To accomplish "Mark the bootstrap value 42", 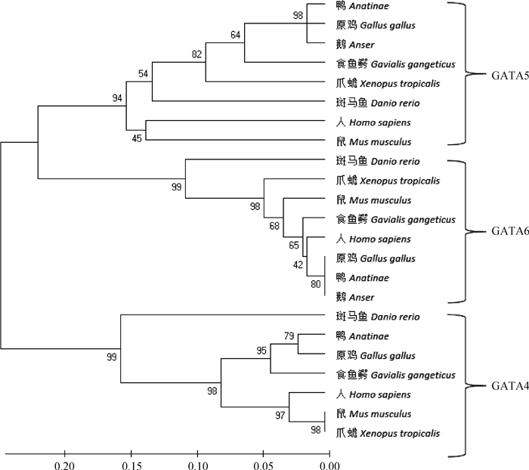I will pos(299,264).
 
